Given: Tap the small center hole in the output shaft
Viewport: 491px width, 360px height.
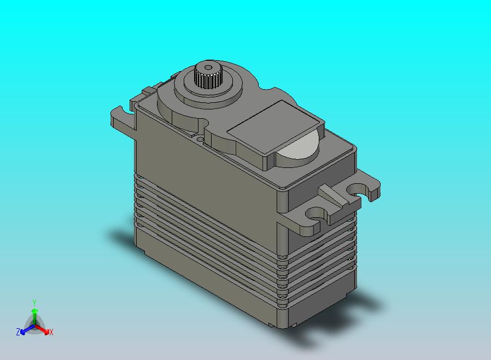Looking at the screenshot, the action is click(208, 67).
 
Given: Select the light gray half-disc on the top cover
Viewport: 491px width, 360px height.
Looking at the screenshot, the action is click(297, 146).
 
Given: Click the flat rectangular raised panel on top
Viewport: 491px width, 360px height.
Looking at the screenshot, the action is click(275, 127).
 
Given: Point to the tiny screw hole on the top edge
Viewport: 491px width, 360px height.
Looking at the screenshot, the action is click(200, 137).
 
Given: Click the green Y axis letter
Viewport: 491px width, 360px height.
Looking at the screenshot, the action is click(34, 303).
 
